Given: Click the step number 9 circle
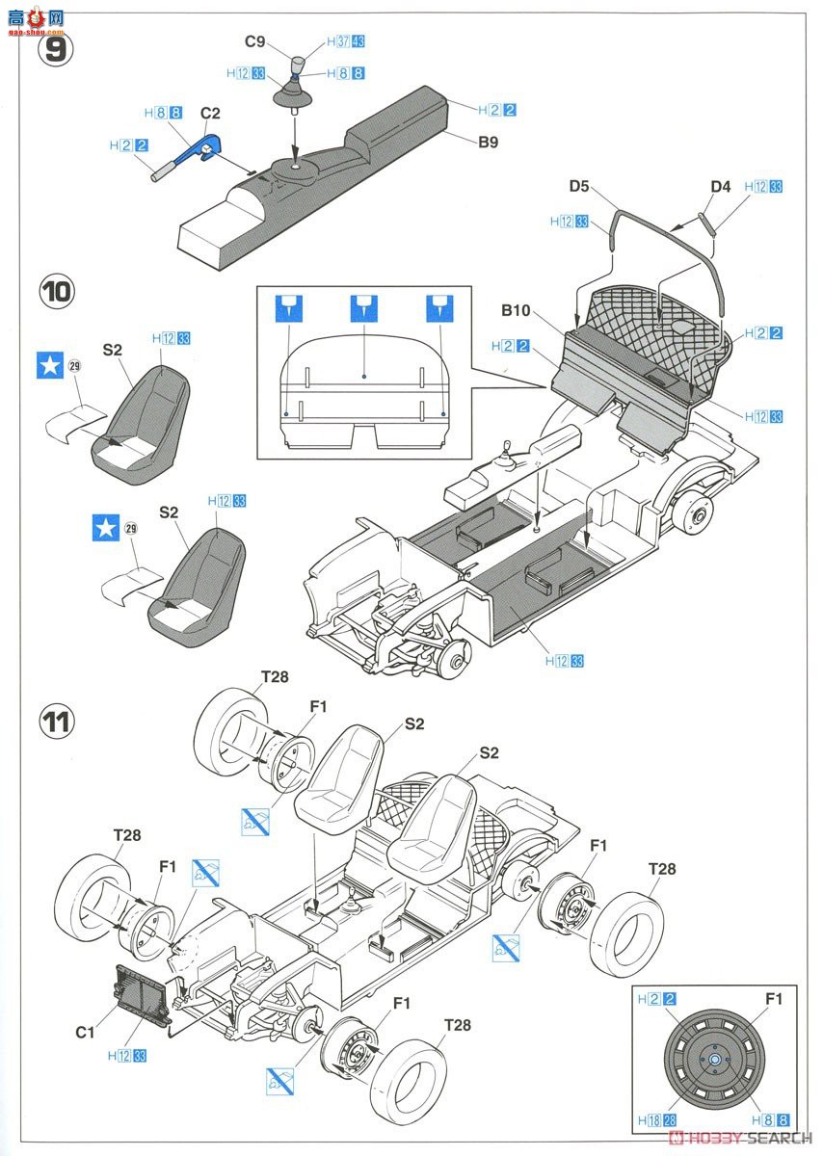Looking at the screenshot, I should [57, 49].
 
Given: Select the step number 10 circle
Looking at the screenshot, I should [57, 290].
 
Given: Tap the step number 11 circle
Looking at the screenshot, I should [57, 720].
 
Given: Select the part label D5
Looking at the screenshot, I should [579, 186].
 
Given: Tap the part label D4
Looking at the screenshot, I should [722, 186].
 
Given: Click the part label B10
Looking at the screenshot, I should [517, 311].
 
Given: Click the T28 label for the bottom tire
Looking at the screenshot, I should [458, 1025].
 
